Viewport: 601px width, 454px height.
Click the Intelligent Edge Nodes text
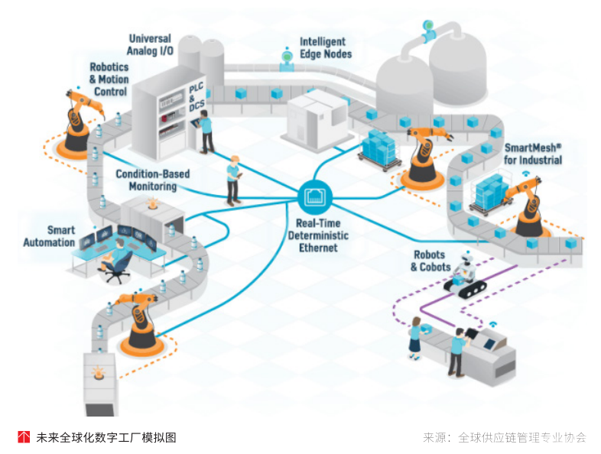(x=326, y=48)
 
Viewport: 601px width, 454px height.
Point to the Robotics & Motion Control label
(x=109, y=79)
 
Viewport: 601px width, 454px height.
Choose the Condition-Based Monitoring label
(x=152, y=180)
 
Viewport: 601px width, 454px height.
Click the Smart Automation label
(x=49, y=236)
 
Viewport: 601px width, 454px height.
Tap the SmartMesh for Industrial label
(x=533, y=154)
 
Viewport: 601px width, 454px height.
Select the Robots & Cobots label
(x=430, y=261)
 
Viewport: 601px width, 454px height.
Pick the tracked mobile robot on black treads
(x=465, y=277)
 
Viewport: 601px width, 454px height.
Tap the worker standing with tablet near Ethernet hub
(x=233, y=180)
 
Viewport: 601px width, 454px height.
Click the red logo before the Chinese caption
(x=24, y=437)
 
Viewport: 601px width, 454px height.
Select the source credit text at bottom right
(x=504, y=437)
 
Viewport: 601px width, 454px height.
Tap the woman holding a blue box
(x=414, y=336)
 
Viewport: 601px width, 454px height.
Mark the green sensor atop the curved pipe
(x=425, y=30)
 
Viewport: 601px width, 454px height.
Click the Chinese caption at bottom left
(x=106, y=437)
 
